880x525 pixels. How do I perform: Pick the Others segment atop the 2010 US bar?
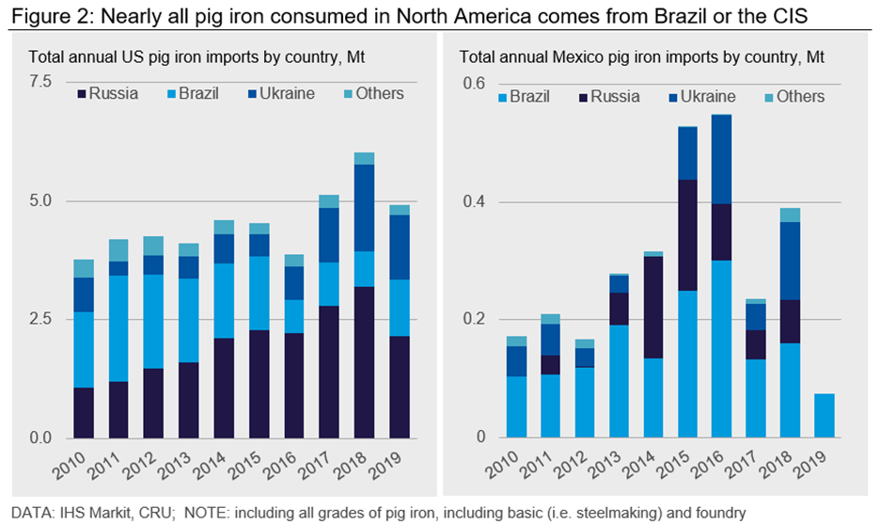(x=85, y=268)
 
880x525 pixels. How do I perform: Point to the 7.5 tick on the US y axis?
(x=40, y=82)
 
